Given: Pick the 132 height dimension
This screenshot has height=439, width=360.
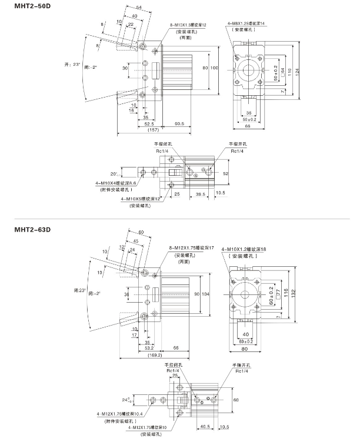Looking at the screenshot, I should [294, 292].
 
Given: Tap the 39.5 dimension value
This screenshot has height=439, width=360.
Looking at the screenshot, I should [201, 193].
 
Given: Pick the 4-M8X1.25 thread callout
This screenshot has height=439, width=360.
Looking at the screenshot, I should [246, 23].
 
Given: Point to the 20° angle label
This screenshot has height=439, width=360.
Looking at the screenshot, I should [114, 173].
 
